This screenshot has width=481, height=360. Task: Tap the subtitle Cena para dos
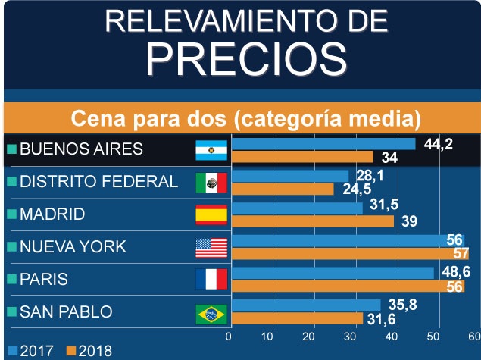pos(244,119)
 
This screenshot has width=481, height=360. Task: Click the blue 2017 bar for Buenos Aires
pos(323,143)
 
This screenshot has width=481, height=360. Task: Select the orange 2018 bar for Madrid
pos(312,221)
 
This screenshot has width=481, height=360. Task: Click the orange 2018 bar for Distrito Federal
pos(282,189)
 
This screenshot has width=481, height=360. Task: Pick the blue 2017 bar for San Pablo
pos(305,305)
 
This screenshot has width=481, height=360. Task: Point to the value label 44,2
pos(438,144)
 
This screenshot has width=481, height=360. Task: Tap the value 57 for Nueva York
pos(459,253)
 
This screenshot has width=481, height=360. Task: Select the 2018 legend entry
pos(89,351)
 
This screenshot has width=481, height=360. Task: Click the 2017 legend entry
pos(31,351)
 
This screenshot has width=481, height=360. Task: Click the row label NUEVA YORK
pos(72,247)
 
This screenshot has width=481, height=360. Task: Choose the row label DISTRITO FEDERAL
pos(98,182)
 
